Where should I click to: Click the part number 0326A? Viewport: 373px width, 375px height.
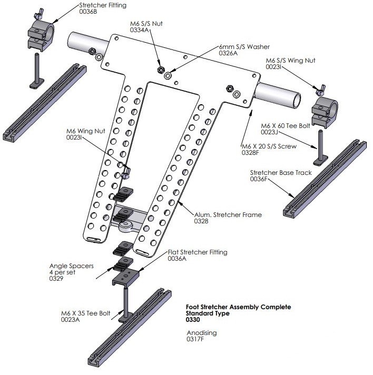pyautogui.click(x=229, y=53)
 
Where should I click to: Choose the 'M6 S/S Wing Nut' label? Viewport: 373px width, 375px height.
pyautogui.click(x=291, y=60)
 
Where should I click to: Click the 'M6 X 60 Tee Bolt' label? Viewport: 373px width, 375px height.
pyautogui.click(x=287, y=126)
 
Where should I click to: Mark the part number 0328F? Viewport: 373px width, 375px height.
pyautogui.click(x=251, y=152)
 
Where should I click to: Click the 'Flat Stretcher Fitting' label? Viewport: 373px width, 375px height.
pyautogui.click(x=198, y=252)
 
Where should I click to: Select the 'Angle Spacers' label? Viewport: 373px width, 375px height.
pyautogui.click(x=72, y=266)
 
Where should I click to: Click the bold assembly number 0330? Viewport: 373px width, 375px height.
pyautogui.click(x=194, y=320)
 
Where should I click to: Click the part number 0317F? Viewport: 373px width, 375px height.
pyautogui.click(x=196, y=340)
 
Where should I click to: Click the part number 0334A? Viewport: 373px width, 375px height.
pyautogui.click(x=141, y=31)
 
